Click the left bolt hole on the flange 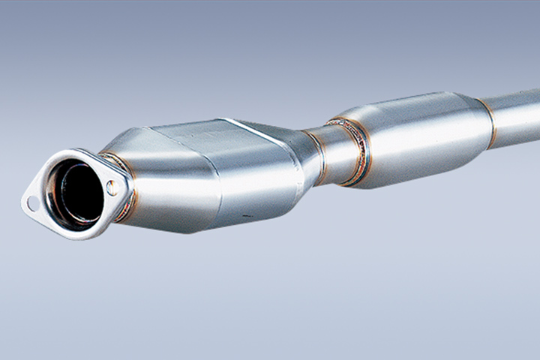31,202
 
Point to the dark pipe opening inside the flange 79,193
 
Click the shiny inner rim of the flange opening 57,187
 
